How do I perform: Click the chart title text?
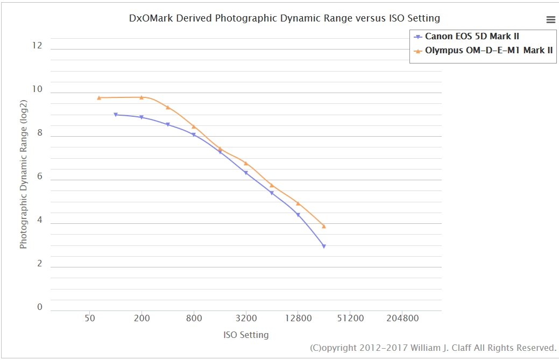pos(284,18)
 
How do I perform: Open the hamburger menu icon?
pos(550,20)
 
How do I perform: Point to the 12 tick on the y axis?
pos(37,46)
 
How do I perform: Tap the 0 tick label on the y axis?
pos(39,307)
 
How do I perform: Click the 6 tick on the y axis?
pos(39,177)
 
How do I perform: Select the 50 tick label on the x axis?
pos(89,318)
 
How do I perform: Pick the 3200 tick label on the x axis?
pos(246,318)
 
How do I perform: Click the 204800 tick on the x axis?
pos(402,318)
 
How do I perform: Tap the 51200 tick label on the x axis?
pos(350,318)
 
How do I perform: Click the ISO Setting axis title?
pos(246,335)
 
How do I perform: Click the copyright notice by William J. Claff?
pos(433,348)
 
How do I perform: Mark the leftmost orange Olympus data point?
pos(99,98)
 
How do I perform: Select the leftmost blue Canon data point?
pos(116,115)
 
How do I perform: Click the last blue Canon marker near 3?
pos(324,246)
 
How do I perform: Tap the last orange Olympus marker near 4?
pos(324,226)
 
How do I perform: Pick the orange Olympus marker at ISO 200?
pos(141,97)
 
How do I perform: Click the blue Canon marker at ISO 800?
pos(194,135)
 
